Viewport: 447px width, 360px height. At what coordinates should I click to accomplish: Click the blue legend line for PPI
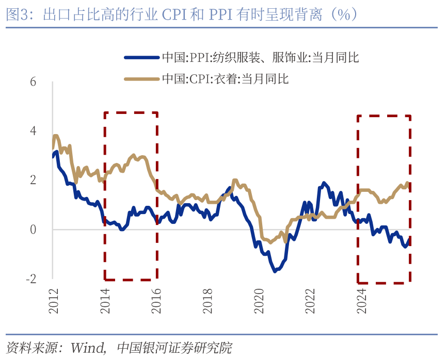click(142, 58)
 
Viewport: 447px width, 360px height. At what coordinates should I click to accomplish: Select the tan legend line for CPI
click(142, 79)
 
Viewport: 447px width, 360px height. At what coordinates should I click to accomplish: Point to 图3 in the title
click(15, 14)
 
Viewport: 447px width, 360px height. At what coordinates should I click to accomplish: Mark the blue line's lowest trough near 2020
click(274, 271)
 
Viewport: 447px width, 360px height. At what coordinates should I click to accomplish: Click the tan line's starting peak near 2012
click(56, 136)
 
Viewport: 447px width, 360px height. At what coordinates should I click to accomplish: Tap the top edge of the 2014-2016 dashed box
click(131, 112)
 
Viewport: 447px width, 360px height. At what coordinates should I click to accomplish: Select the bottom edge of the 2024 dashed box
click(384, 283)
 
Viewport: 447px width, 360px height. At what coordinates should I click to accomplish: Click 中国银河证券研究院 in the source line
click(175, 346)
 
